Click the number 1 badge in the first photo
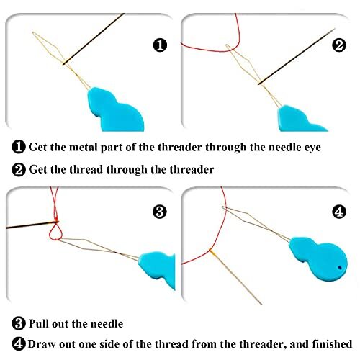(x=161, y=45)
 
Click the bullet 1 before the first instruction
(x=18, y=148)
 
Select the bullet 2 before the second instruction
(x=18, y=171)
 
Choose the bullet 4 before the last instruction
(x=18, y=344)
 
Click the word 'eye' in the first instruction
(x=325, y=148)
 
